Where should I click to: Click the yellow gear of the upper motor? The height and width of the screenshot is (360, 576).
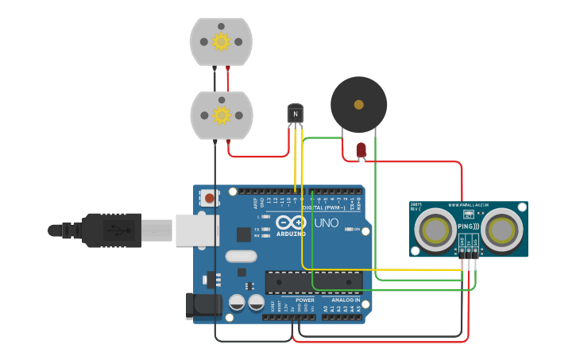[221, 41]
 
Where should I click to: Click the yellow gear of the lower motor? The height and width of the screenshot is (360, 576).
[221, 116]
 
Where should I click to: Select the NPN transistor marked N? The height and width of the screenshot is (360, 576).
[296, 114]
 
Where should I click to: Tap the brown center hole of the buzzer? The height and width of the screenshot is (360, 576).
[359, 104]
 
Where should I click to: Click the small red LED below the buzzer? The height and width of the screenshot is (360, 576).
[361, 149]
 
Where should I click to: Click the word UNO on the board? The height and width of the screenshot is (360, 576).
[326, 224]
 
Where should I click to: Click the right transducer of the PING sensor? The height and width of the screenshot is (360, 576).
[503, 230]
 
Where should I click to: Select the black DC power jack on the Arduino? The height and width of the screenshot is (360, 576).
[202, 306]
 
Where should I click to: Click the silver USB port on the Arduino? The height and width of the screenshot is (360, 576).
[195, 230]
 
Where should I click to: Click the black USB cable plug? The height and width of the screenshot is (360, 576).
[111, 230]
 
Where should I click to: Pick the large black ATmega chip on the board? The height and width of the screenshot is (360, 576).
[314, 281]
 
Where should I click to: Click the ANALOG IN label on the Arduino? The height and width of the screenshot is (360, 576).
[346, 300]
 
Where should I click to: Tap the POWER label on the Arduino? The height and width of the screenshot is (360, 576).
[305, 300]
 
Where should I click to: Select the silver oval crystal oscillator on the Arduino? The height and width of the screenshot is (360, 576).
[241, 256]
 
